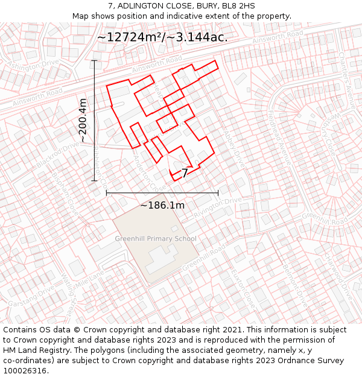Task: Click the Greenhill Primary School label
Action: click(x=156, y=239)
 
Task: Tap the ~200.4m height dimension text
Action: click(x=83, y=121)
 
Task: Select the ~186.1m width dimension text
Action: click(x=162, y=206)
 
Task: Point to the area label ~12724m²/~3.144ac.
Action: click(x=162, y=37)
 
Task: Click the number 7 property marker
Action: click(x=185, y=173)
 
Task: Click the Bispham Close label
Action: click(x=66, y=193)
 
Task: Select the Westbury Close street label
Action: click(x=319, y=130)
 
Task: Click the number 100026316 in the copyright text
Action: click(x=26, y=370)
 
